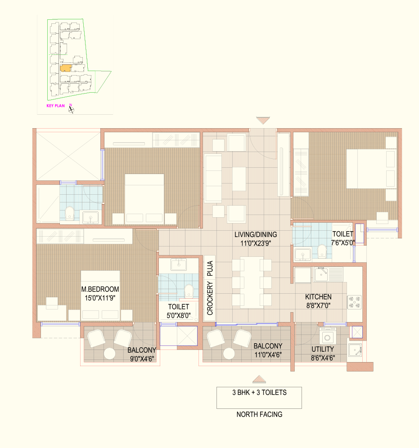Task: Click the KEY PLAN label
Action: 55,106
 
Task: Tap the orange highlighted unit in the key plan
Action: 65,68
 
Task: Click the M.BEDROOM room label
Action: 100,289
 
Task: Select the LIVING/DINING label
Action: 256,235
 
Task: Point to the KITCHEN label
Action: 318,297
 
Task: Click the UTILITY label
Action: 323,349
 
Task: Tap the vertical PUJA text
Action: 210,268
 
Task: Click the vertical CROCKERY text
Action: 210,298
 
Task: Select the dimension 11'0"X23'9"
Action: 256,243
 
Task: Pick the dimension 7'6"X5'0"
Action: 342,242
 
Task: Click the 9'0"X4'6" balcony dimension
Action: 142,358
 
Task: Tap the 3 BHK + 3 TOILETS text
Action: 259,393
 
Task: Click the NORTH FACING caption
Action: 259,414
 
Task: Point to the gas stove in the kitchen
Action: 354,302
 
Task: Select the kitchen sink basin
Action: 321,274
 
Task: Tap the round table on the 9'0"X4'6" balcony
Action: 109,354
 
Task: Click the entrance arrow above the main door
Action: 263,120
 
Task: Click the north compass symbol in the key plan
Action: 71,109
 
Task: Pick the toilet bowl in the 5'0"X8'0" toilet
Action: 189,291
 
